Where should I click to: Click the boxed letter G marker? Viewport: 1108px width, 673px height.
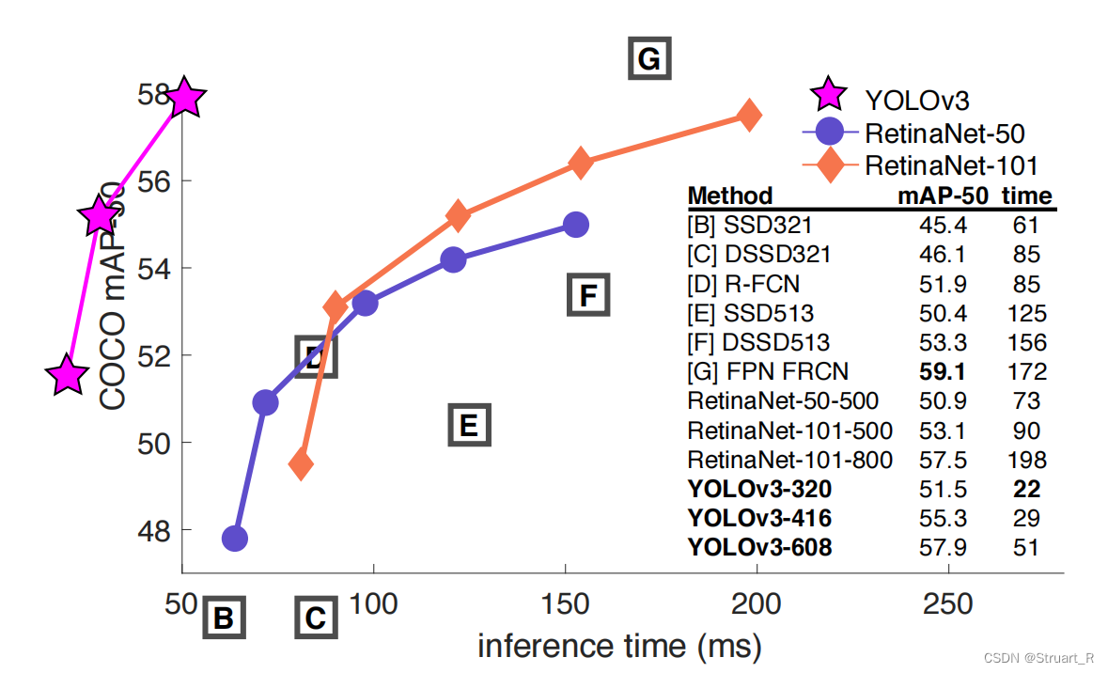[x=649, y=58]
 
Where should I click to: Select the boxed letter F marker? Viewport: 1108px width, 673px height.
[x=588, y=295]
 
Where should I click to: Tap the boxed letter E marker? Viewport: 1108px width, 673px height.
[x=469, y=425]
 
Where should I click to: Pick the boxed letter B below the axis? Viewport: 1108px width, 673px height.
[x=224, y=618]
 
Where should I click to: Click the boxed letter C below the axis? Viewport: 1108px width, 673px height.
[x=316, y=618]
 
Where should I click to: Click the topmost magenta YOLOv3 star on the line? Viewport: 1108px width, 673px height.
[x=184, y=97]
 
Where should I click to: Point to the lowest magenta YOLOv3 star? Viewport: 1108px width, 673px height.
[x=67, y=375]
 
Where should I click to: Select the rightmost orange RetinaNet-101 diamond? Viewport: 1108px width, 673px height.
[x=749, y=116]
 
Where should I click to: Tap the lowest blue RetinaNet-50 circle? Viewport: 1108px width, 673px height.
[x=235, y=539]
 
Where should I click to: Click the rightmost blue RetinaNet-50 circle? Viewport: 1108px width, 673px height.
[x=576, y=225]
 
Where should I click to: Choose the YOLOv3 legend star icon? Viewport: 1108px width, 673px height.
[x=828, y=95]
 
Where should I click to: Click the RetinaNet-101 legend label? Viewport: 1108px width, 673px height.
[x=951, y=166]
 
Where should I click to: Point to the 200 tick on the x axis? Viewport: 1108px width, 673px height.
[x=757, y=603]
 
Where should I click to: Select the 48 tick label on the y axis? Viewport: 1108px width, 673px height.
[x=154, y=530]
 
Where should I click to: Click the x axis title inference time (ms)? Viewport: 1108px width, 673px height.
[x=619, y=646]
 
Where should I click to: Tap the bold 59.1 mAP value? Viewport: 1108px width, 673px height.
[x=942, y=372]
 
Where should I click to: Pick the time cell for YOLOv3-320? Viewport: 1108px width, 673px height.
[x=1027, y=489]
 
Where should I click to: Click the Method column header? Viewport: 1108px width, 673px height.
[x=730, y=196]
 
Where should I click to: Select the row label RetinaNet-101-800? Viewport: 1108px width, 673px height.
[x=790, y=461]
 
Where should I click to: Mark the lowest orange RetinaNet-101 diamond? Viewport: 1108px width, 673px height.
[x=301, y=463]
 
